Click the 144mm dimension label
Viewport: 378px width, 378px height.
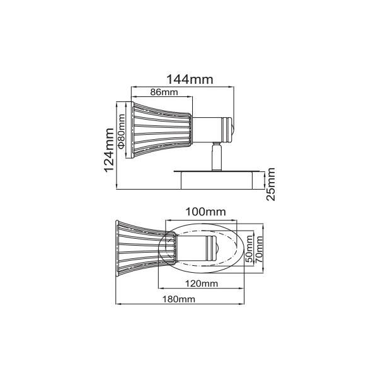coord(190,79)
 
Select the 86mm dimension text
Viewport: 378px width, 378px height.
coord(164,92)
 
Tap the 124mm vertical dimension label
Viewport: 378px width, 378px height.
coord(109,150)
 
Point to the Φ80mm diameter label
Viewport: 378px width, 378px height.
coord(122,131)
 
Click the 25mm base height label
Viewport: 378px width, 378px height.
coord(271,184)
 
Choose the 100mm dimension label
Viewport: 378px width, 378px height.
coord(205,212)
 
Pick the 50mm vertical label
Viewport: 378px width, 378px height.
coord(249,249)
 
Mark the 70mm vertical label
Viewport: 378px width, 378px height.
coord(259,249)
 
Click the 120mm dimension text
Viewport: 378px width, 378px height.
coord(202,283)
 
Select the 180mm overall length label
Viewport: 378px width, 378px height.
coord(179,299)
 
